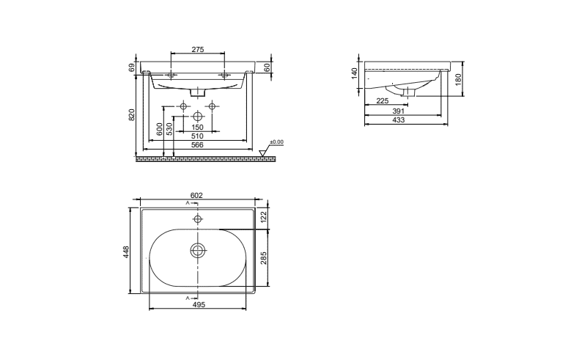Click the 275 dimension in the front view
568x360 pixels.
tap(197, 49)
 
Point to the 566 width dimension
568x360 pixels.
tap(197, 144)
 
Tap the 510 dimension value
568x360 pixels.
tap(197, 136)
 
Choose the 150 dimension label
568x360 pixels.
tap(197, 127)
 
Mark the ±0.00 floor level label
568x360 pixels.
tap(277, 142)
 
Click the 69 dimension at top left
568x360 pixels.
tap(132, 67)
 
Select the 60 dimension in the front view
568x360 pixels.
tap(268, 67)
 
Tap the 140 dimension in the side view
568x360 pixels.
tap(354, 73)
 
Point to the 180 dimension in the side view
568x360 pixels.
tap(457, 79)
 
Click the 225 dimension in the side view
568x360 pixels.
tap(382, 101)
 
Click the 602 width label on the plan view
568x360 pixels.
tap(196, 195)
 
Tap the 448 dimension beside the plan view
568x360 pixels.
tap(125, 252)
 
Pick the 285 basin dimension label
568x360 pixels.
tap(263, 257)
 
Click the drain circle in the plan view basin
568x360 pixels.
tap(197, 251)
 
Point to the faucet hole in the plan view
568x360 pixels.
tap(197, 219)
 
